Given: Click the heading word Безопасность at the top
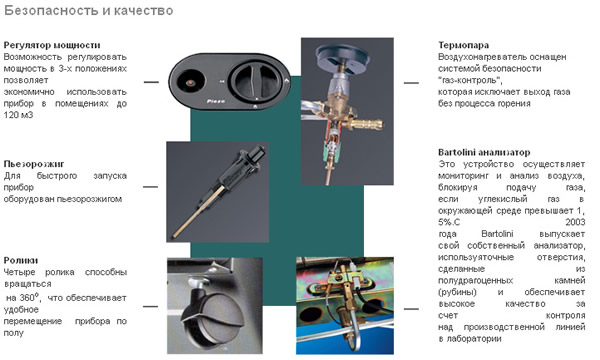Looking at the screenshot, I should point(49,10).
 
